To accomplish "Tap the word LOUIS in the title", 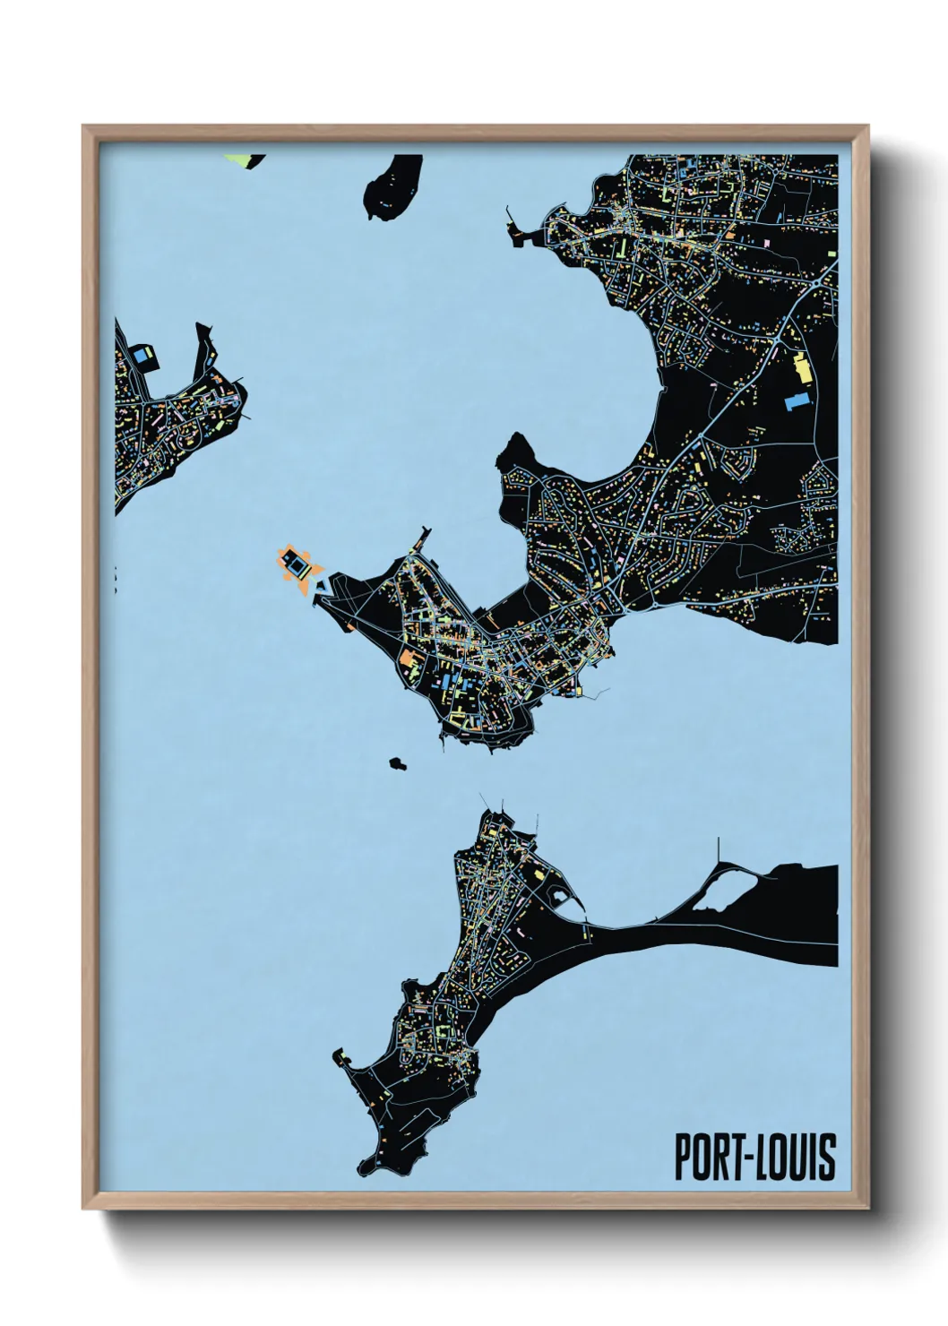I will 793,1158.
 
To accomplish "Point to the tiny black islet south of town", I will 396,763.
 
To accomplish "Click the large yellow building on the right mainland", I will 800,369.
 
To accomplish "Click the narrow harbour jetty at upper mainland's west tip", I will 513,224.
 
